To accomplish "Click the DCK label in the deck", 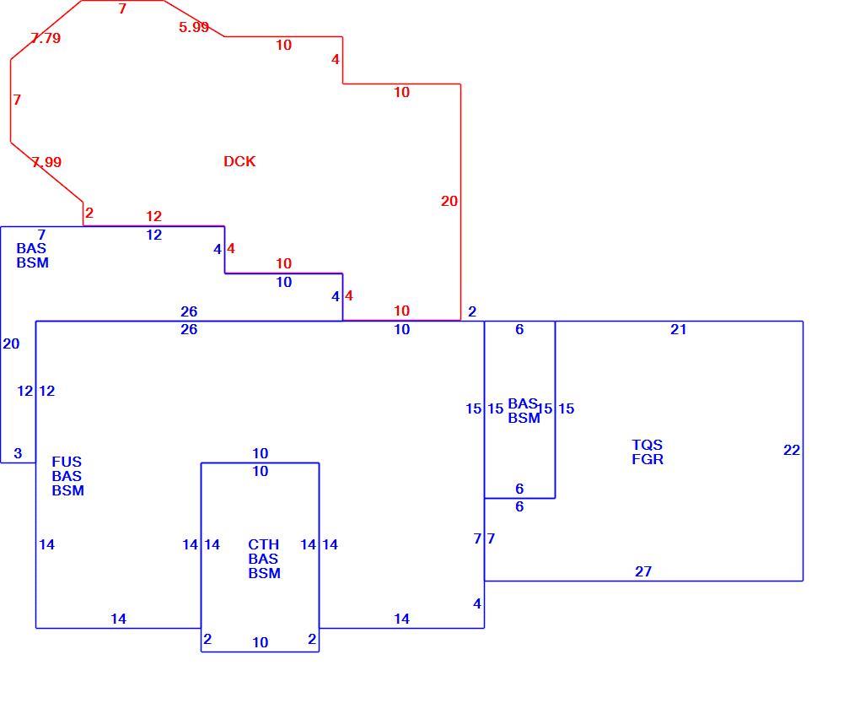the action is click(239, 161).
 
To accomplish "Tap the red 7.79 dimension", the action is click(46, 38).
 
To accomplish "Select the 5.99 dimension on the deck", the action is click(194, 27).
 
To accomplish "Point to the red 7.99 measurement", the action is click(46, 162).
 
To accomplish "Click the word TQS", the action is click(648, 445).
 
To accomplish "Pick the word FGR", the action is click(648, 459).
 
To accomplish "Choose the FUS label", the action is click(67, 462).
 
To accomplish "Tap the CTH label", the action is click(263, 544).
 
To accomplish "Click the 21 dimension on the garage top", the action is click(679, 329).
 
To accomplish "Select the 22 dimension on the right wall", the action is click(792, 450).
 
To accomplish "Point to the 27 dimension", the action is click(643, 571).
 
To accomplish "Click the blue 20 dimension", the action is click(11, 343).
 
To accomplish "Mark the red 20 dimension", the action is click(449, 201).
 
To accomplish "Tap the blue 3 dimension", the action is click(18, 453).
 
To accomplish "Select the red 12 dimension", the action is click(154, 216).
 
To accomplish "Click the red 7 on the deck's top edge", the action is click(122, 8).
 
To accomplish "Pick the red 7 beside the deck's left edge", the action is click(17, 100).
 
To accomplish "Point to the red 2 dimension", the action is click(89, 213).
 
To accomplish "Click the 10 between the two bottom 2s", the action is click(260, 642).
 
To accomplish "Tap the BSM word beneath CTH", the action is click(265, 573).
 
